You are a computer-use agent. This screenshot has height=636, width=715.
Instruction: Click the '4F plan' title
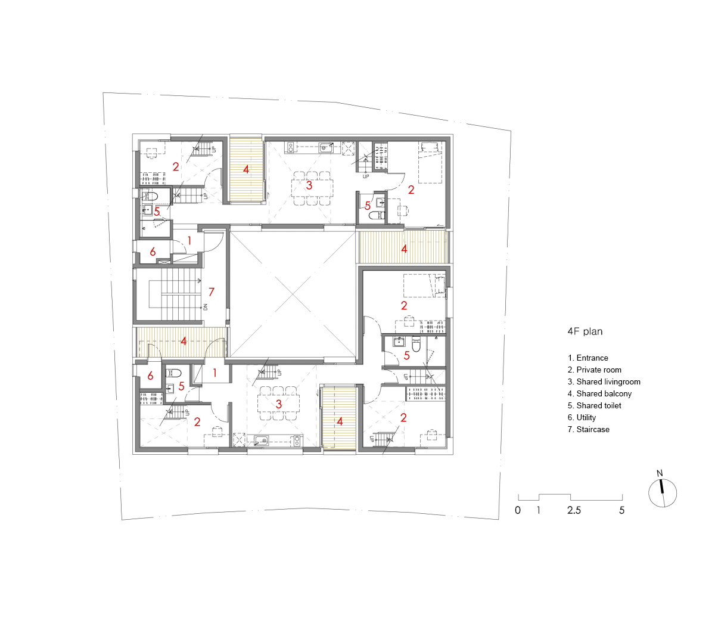tap(585, 331)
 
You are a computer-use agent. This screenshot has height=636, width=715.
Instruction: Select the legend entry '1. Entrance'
tap(587, 358)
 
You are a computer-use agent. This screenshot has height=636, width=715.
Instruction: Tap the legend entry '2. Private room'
tap(594, 370)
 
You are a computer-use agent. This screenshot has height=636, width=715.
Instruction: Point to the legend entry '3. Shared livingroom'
tap(604, 381)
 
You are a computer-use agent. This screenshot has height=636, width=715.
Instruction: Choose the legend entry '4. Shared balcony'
tap(599, 393)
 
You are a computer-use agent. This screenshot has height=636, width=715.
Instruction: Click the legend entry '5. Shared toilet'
tap(594, 405)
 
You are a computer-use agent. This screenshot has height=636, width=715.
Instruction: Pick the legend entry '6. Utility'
tap(582, 417)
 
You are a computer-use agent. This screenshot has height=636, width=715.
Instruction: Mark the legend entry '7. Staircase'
tap(588, 429)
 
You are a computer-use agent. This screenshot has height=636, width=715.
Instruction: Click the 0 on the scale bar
tap(518, 510)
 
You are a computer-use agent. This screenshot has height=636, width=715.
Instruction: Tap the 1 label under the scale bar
tap(539, 510)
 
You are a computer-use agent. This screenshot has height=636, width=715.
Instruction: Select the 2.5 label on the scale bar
tap(574, 510)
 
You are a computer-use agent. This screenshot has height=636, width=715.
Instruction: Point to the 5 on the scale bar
tap(622, 510)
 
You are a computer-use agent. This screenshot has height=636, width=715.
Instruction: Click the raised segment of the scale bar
tap(555, 494)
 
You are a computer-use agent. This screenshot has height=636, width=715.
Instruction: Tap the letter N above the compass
tap(660, 473)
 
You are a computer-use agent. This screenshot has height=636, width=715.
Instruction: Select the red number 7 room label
tap(211, 291)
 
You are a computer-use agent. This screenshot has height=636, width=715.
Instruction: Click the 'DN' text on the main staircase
tap(206, 307)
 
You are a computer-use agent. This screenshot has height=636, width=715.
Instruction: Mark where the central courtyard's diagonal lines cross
tap(293, 294)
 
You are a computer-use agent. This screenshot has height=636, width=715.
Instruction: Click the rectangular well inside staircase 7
tap(156, 294)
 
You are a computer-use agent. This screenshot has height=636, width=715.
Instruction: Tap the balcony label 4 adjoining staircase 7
tap(184, 341)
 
